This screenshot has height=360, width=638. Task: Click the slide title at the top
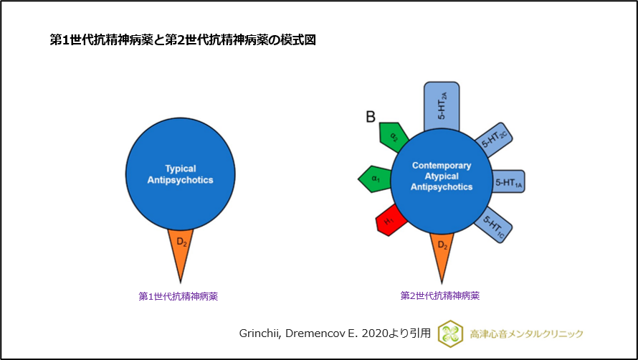[x=182, y=40]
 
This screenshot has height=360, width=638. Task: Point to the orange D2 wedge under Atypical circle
[x=442, y=252]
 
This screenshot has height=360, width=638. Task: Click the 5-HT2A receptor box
[x=442, y=105]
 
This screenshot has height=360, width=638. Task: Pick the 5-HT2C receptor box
[x=495, y=140]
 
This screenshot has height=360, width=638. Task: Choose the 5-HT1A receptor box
[x=508, y=182]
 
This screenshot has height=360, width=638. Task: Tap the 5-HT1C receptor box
[x=495, y=224]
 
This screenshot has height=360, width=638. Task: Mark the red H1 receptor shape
[x=390, y=223]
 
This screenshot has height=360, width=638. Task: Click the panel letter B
[x=371, y=116]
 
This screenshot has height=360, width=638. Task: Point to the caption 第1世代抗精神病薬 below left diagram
[x=178, y=295]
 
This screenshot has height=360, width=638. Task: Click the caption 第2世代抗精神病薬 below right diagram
[x=440, y=295]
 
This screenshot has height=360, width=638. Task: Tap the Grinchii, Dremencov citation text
[x=335, y=333]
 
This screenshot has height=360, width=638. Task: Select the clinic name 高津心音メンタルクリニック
[x=526, y=333]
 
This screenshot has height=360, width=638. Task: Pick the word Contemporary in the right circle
[x=442, y=166]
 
